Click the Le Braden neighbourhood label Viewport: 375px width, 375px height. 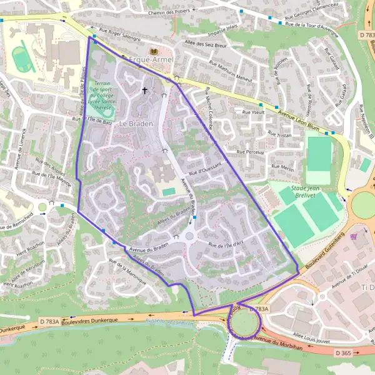[136, 124]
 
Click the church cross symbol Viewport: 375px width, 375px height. [145, 91]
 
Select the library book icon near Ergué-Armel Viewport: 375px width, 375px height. [153, 50]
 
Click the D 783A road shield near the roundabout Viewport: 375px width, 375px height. [259, 309]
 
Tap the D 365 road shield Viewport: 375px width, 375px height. [343, 353]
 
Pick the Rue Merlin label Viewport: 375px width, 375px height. [283, 169]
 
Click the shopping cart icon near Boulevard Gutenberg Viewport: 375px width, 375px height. [354, 236]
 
